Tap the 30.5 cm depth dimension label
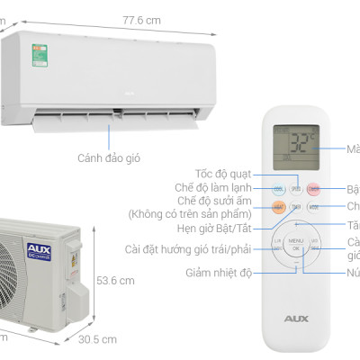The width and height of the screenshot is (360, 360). click(x=95, y=340)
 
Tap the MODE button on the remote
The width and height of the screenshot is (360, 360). click(x=312, y=206)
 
